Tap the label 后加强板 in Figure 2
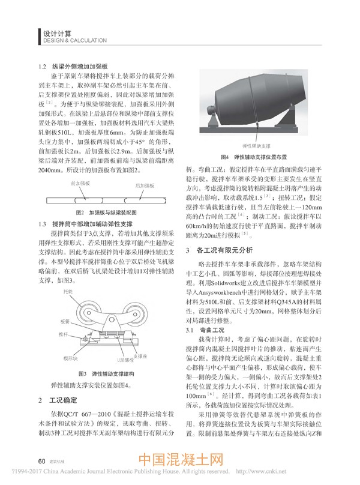tap(145, 185)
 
